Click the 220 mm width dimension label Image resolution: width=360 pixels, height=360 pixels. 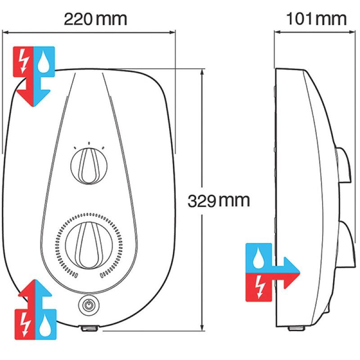point(95,19)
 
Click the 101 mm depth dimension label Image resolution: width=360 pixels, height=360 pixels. point(316,19)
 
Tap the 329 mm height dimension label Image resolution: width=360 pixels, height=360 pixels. point(219,201)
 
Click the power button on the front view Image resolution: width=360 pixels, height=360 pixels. point(88,305)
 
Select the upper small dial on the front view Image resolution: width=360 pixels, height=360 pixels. point(89,166)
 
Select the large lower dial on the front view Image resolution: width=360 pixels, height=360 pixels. point(89,245)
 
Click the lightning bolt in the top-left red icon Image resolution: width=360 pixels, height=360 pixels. point(24,61)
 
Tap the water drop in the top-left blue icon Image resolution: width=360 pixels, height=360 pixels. point(44,62)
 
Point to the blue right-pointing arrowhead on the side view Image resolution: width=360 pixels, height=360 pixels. point(291,265)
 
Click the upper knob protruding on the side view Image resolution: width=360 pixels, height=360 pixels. point(343,165)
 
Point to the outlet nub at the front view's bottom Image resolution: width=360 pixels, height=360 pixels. point(89,328)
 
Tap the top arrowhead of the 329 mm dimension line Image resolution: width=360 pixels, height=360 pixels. point(202,72)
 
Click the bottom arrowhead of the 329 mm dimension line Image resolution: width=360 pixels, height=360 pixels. point(202,328)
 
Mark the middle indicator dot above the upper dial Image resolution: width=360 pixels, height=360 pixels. point(89,143)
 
